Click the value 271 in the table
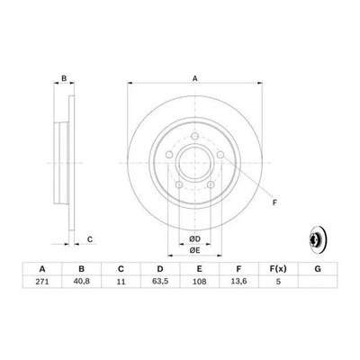click(42, 282)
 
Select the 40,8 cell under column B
click(82, 282)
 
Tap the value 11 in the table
click(121, 282)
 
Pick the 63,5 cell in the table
click(160, 282)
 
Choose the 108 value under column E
click(200, 282)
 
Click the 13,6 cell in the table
click(238, 282)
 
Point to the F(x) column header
click(278, 269)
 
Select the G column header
click(318, 269)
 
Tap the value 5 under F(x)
click(278, 282)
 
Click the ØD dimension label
click(194, 239)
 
